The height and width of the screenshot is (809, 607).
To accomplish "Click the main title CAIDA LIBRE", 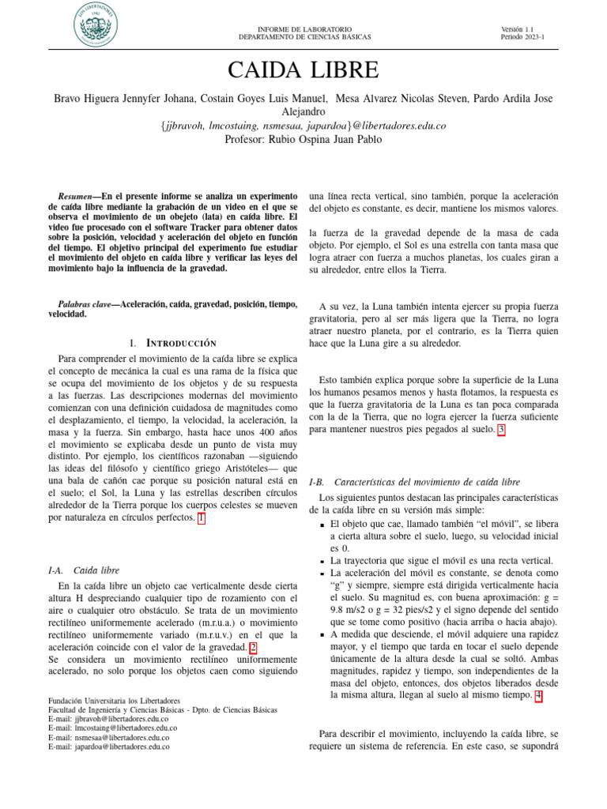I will tap(303, 70).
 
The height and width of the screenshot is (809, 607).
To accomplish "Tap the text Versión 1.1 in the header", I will tap(518, 29).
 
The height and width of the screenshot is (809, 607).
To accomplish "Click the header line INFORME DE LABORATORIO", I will tap(304, 29).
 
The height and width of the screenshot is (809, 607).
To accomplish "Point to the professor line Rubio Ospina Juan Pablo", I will tap(303, 139).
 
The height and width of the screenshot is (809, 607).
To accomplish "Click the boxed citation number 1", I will tap(201, 518).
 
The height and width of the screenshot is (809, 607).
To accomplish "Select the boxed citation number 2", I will tap(252, 645).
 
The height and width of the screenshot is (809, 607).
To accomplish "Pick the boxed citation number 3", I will tap(500, 430).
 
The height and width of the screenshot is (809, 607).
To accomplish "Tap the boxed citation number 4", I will tap(538, 695).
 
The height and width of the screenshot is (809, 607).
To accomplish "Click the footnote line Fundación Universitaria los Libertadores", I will tap(114, 701).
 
